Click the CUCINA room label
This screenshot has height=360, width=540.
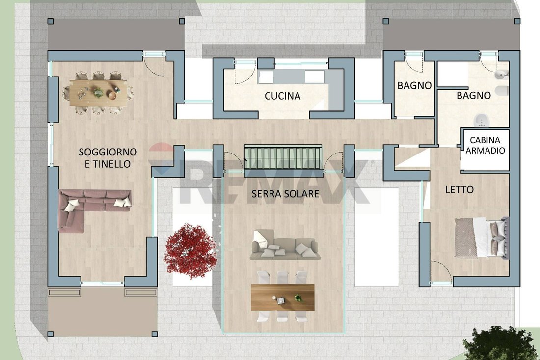282,96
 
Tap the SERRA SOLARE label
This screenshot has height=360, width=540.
285,194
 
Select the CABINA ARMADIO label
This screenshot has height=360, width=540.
485,145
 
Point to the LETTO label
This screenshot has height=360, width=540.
459,190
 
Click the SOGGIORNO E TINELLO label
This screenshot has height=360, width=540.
108,158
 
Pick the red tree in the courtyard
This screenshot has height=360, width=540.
190,251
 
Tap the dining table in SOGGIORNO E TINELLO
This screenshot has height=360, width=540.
98,93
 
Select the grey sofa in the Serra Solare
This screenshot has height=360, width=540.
285,245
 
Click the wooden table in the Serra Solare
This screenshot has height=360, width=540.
282,298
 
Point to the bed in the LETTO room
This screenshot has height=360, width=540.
481,238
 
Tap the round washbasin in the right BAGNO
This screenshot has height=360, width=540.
482,120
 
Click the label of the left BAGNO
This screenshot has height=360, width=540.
414,86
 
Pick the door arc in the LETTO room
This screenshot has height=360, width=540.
441,271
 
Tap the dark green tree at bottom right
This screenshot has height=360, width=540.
498,343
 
